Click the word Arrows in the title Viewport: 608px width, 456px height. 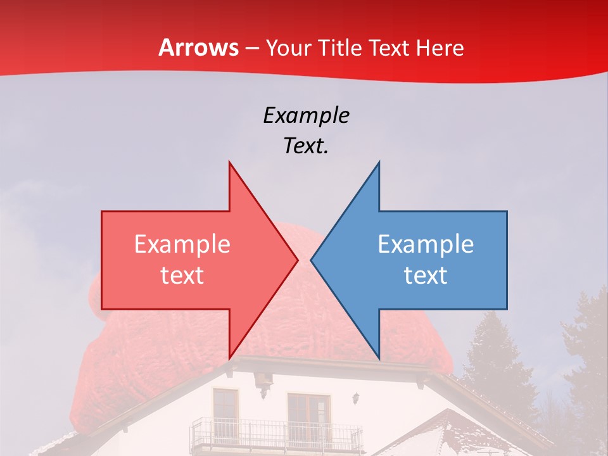(198, 47)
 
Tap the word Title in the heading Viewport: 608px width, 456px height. (343, 47)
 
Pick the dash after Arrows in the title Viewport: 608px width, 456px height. (252, 49)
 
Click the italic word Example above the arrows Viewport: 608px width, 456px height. (306, 115)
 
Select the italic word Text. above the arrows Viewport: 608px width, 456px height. (306, 146)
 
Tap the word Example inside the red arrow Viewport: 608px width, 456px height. (182, 244)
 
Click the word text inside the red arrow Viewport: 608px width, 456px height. (182, 275)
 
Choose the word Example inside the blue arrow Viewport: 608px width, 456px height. (426, 244)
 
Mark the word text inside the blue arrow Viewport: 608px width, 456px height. (426, 275)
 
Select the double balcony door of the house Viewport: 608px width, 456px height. (308, 415)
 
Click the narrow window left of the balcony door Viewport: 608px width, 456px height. (225, 408)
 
